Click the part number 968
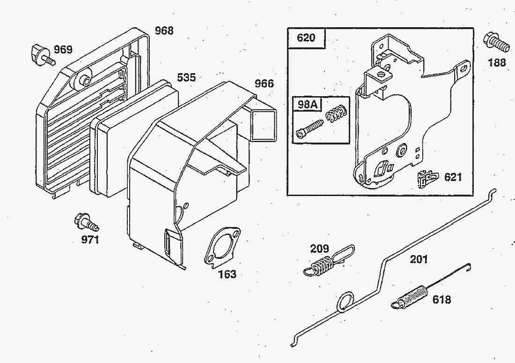(164, 31)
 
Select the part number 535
(186, 77)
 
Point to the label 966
(264, 84)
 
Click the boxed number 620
(306, 38)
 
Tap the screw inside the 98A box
(309, 128)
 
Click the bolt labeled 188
(497, 43)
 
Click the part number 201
(419, 259)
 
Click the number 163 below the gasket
(227, 274)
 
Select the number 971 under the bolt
(90, 240)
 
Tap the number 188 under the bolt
(497, 62)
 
